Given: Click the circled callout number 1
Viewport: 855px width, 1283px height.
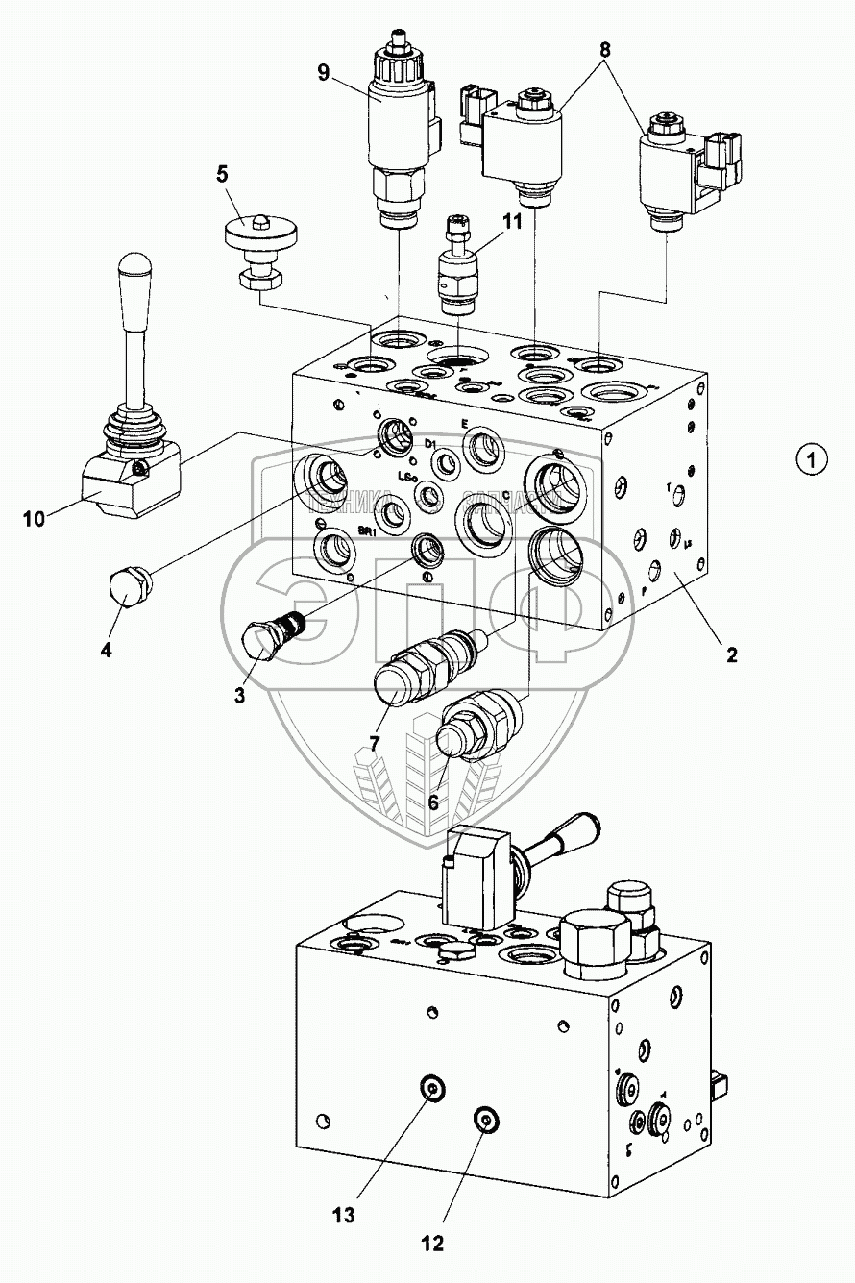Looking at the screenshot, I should [812, 459].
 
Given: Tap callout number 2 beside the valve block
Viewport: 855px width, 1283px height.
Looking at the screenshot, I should [732, 655].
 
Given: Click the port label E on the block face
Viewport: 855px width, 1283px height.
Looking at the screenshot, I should [464, 424].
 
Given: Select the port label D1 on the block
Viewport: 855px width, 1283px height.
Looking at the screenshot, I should [432, 443].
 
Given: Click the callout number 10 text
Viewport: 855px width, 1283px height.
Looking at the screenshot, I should [35, 521].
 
